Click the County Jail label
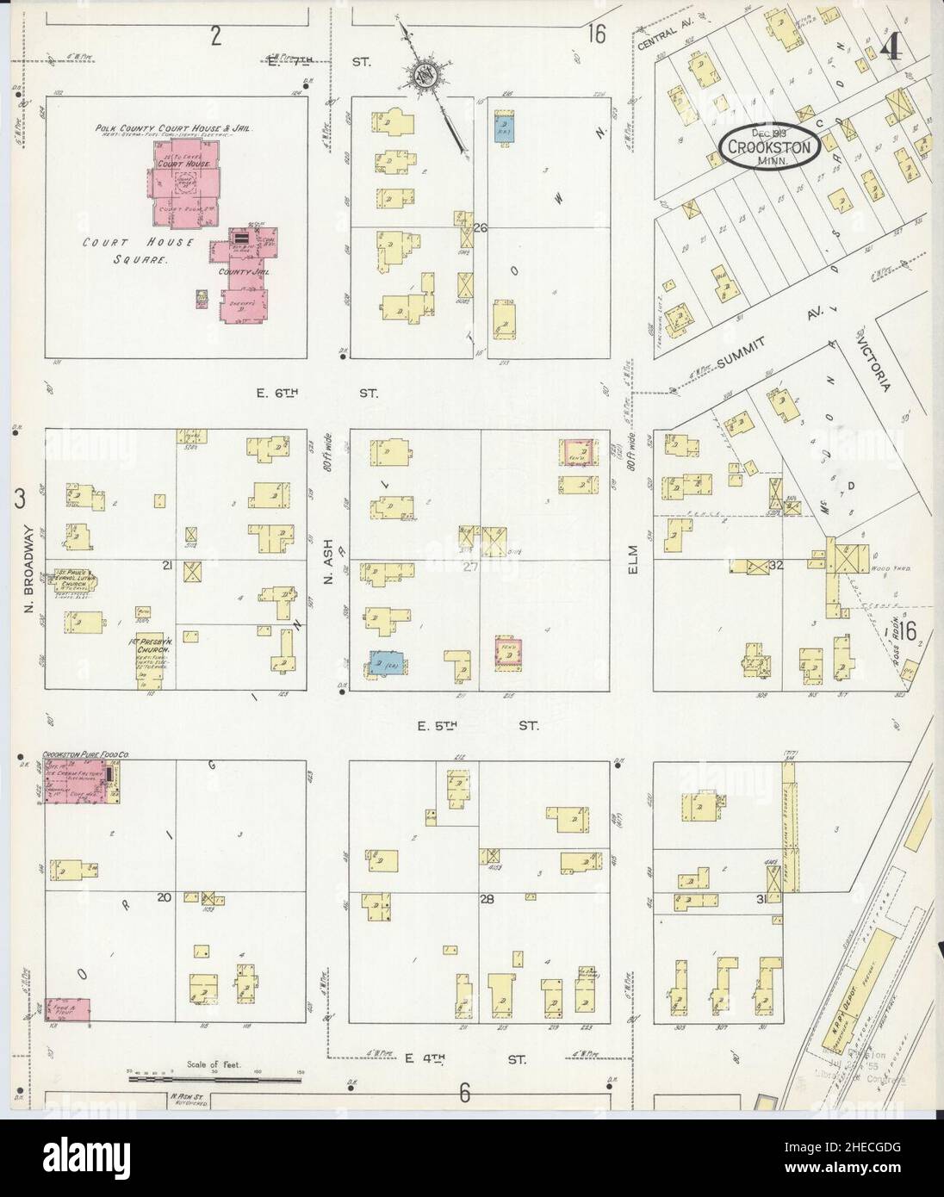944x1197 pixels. coord(243,272)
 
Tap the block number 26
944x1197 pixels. coord(480,228)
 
